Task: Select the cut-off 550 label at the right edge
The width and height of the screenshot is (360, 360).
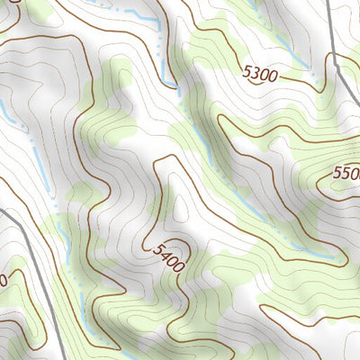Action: point(346,172)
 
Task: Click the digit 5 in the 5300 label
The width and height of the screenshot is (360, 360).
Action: point(247,69)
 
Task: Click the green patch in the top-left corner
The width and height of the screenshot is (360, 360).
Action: point(36,11)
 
